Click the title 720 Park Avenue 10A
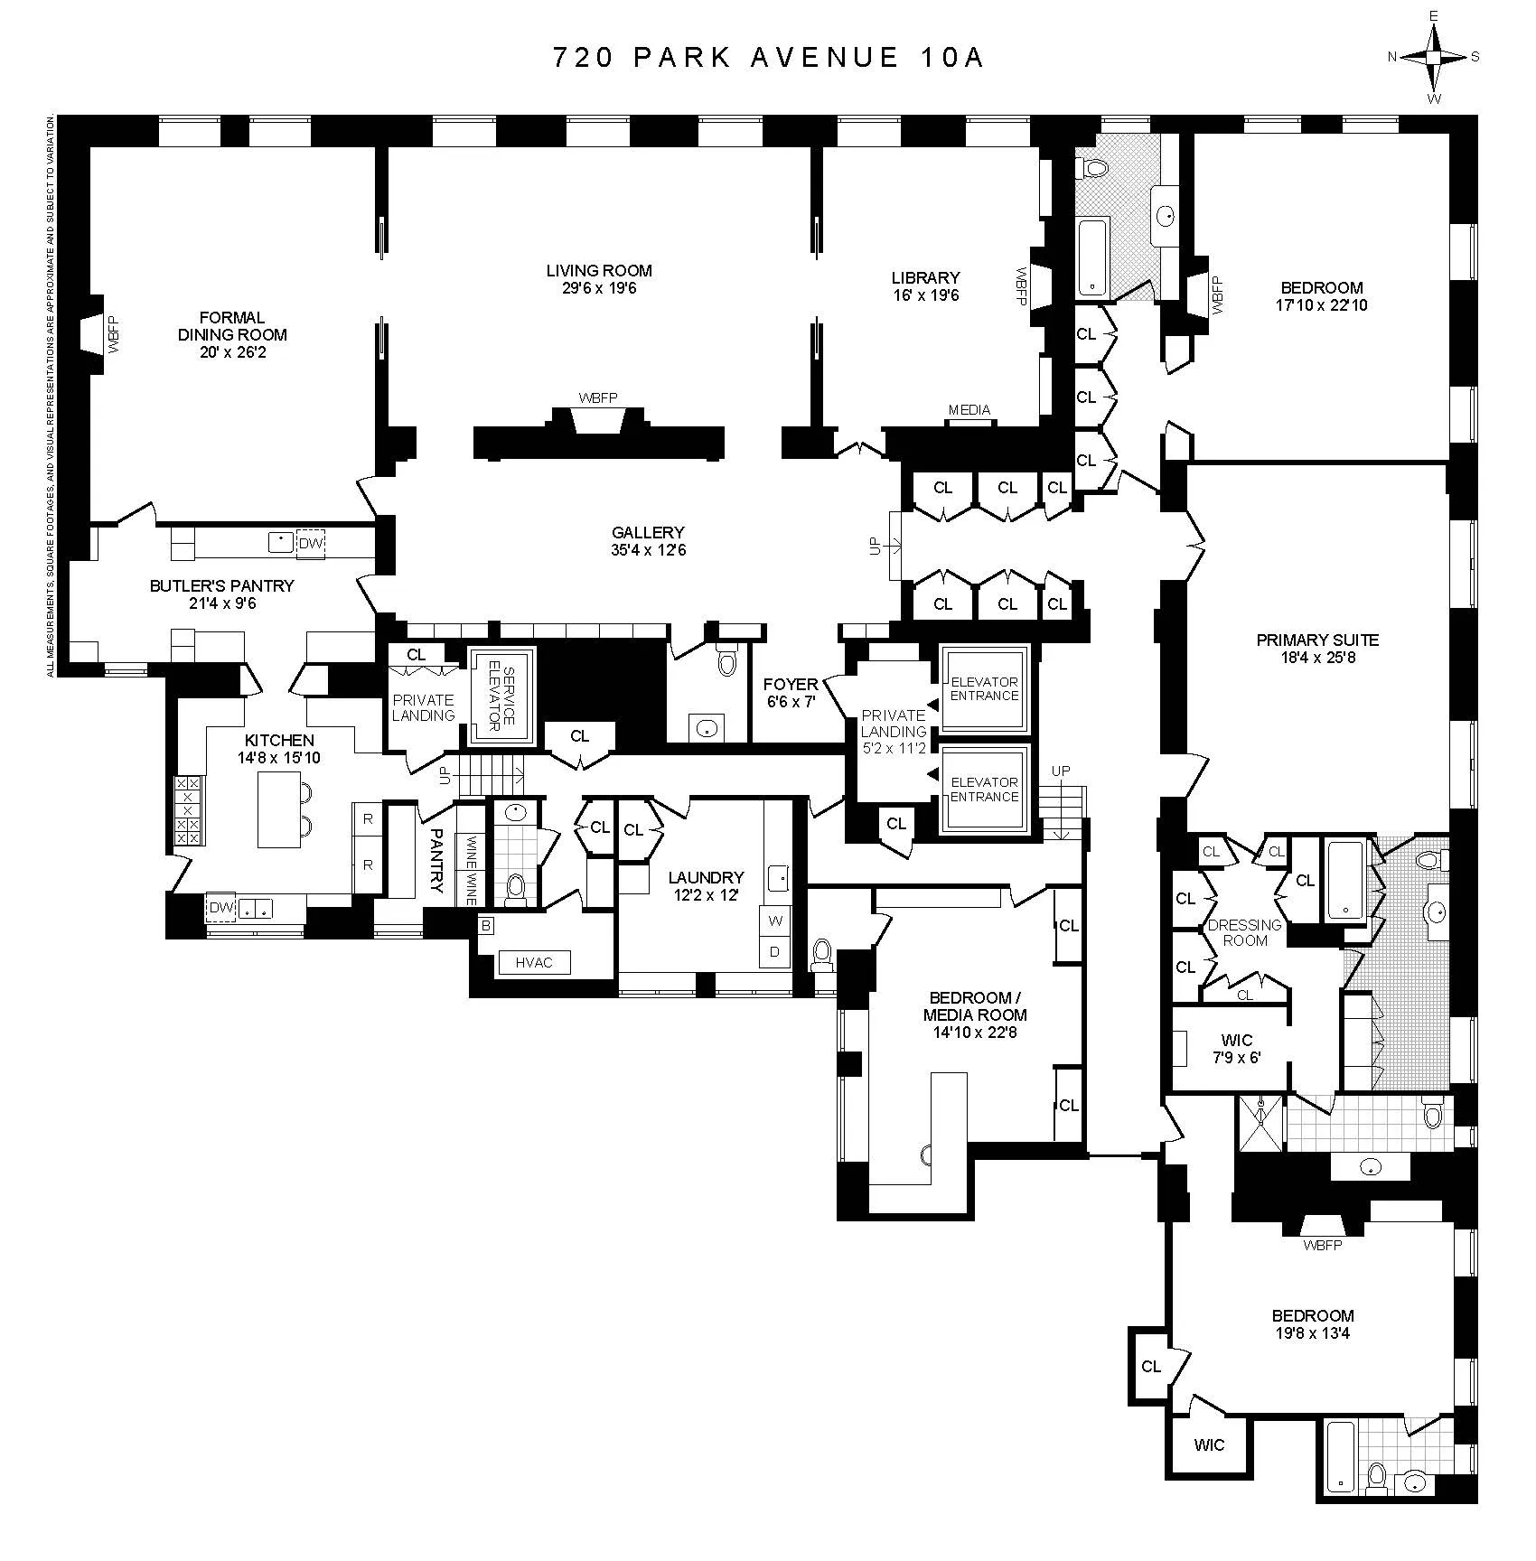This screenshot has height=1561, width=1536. click(767, 58)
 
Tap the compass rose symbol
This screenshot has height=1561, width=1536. click(1433, 57)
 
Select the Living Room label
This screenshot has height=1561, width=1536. click(598, 270)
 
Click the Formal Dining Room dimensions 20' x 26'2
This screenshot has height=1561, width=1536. click(233, 352)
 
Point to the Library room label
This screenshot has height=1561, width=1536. click(925, 277)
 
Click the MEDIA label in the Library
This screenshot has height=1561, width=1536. click(969, 410)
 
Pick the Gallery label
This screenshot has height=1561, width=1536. click(648, 533)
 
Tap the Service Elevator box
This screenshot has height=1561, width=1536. click(501, 695)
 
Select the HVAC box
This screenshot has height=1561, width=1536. click(534, 962)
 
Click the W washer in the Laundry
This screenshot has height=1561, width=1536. click(775, 921)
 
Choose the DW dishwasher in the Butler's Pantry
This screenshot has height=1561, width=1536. click(310, 543)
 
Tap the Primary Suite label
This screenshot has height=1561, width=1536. click(1317, 640)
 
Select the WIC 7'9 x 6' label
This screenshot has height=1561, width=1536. click(1236, 1049)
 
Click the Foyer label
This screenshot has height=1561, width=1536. click(791, 685)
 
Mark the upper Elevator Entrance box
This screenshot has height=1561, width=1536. click(984, 688)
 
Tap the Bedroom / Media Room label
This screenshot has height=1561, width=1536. click(975, 1006)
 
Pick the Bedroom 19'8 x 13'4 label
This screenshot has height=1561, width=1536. click(1312, 1315)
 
